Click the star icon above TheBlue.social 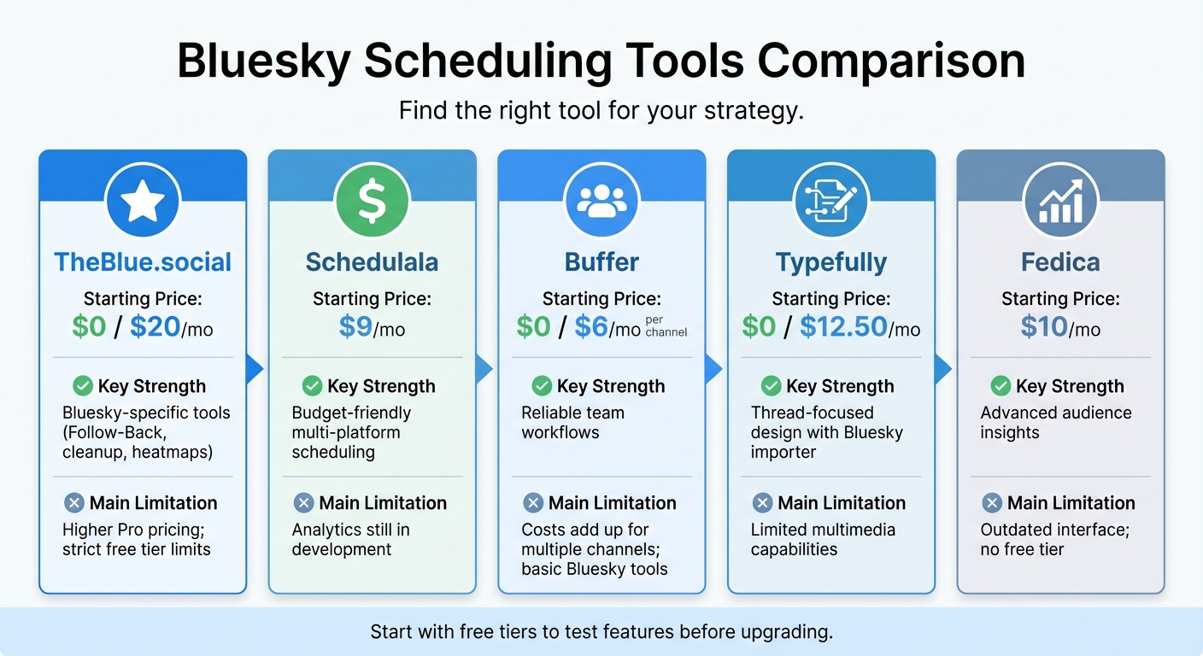point(143,202)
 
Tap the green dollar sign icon point(372,202)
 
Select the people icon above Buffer point(601,202)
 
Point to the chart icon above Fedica point(1060,202)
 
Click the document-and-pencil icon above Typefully point(831,202)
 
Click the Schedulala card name point(372,262)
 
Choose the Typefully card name point(831,262)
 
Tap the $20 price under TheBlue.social point(154,327)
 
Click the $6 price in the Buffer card point(591,327)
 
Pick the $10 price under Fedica point(1044,327)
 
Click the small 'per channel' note point(666,325)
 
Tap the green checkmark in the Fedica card point(1001,386)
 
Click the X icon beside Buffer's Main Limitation point(533,502)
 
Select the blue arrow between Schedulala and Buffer point(484,369)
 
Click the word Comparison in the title point(892,61)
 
